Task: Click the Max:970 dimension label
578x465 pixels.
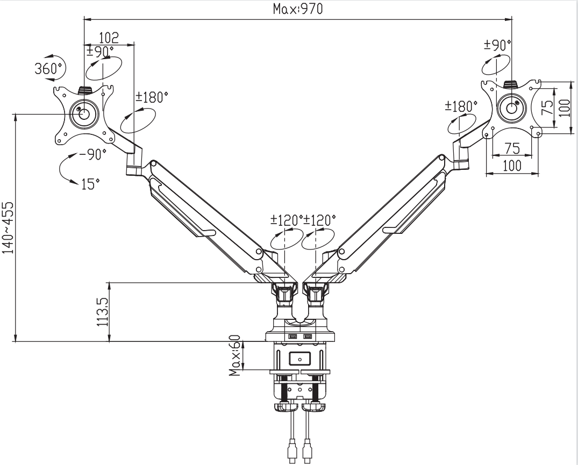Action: click(x=297, y=9)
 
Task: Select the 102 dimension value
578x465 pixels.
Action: click(x=109, y=38)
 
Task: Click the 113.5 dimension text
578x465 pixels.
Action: click(x=102, y=312)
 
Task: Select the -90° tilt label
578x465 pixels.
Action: click(x=92, y=155)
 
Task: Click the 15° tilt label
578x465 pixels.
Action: click(x=90, y=184)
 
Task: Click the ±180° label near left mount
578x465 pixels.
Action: click(x=152, y=97)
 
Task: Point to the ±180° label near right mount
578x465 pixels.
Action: click(x=461, y=105)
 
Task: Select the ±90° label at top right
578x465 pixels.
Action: click(x=497, y=45)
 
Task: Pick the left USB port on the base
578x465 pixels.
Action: click(x=294, y=337)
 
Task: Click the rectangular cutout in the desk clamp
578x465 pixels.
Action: click(x=300, y=357)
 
